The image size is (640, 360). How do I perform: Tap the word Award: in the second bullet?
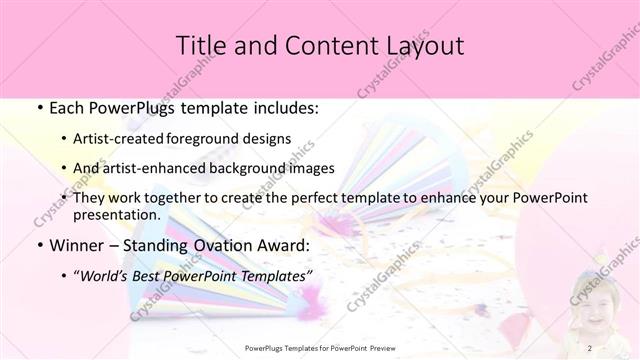[285, 244]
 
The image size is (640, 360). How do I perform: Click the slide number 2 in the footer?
[590, 348]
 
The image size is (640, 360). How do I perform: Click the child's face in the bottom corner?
[589, 301]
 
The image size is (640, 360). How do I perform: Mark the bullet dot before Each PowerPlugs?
[38, 106]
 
